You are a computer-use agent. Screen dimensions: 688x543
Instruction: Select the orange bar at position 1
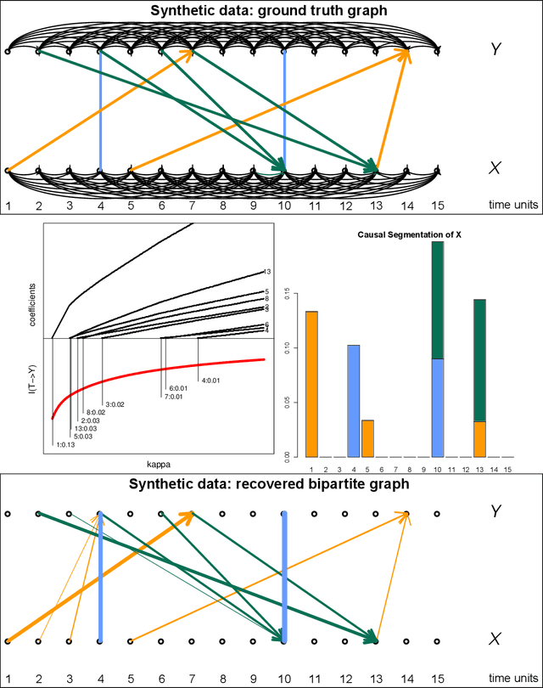point(311,382)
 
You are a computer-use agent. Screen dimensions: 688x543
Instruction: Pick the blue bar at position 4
point(354,399)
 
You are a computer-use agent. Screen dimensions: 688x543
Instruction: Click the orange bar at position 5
point(367,437)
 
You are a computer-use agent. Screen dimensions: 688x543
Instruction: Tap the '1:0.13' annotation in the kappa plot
point(64,443)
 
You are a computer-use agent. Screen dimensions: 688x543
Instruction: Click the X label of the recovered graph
point(496,638)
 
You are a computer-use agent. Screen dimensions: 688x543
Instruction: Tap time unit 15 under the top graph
point(437,205)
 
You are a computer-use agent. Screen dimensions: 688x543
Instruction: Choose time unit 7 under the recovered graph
point(192,677)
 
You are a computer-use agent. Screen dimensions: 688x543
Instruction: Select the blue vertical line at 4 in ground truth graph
point(100,110)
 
